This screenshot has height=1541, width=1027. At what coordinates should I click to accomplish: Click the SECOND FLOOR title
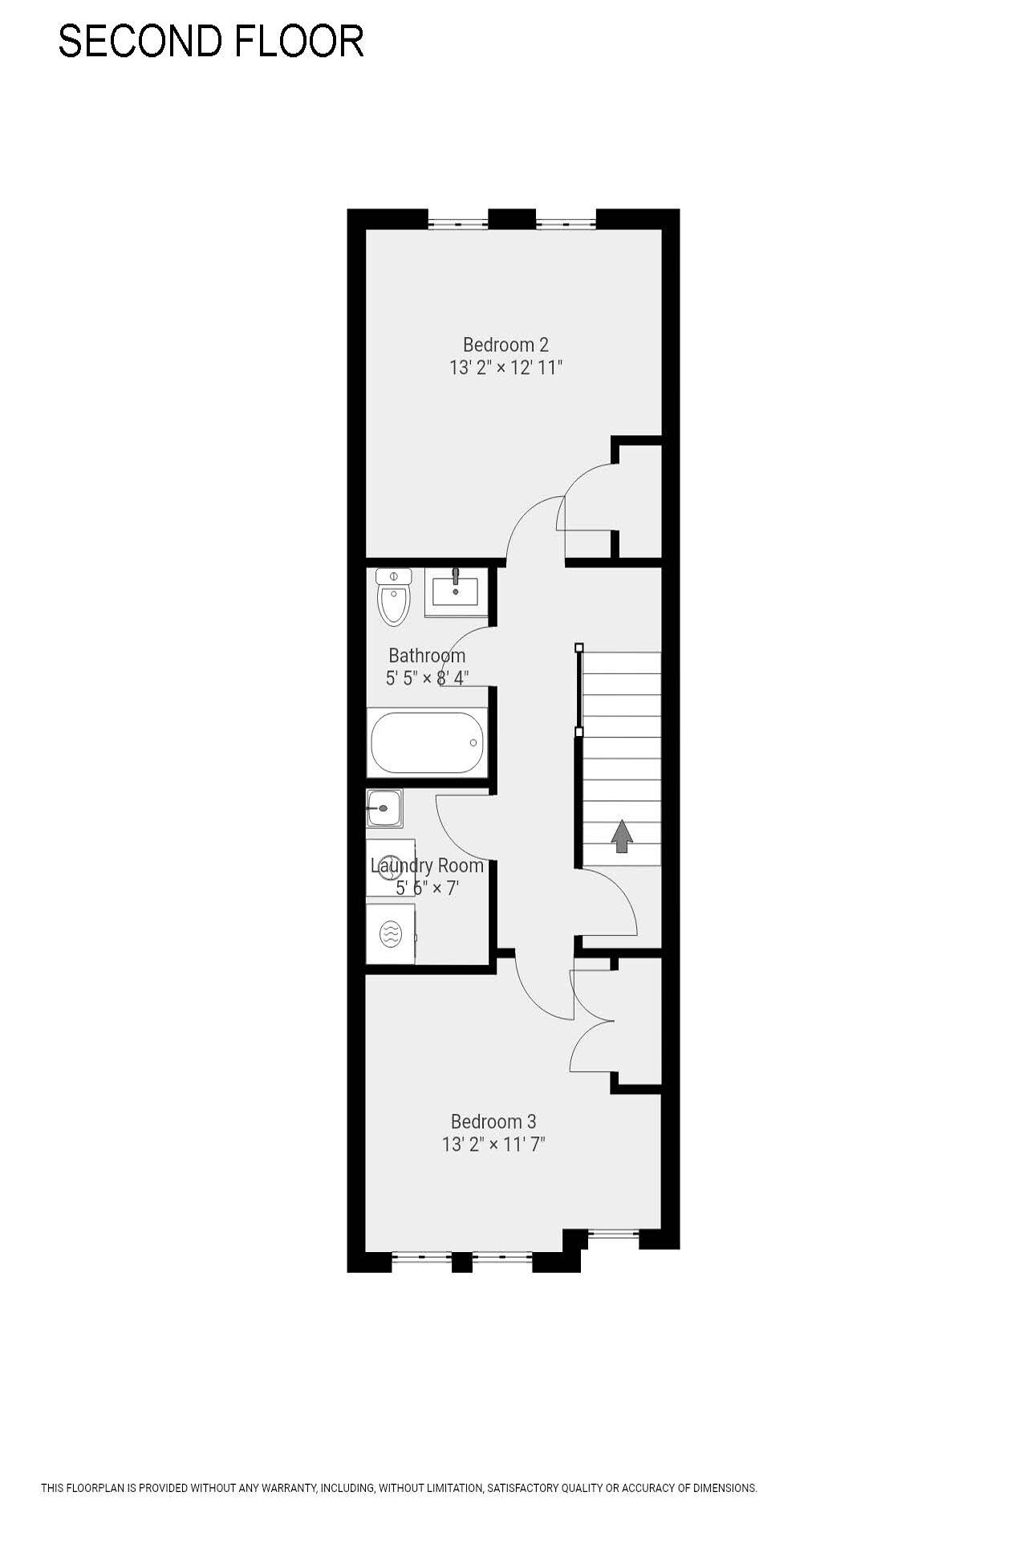(x=211, y=41)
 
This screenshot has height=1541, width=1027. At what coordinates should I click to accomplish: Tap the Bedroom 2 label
(x=505, y=345)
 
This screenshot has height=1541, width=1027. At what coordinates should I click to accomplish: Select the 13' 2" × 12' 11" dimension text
(x=505, y=368)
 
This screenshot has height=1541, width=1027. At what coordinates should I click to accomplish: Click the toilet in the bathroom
(x=393, y=596)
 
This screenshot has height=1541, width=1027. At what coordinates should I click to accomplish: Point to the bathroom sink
(x=456, y=592)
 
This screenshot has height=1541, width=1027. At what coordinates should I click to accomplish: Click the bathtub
(x=428, y=742)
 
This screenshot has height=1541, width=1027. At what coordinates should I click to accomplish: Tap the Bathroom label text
(x=427, y=656)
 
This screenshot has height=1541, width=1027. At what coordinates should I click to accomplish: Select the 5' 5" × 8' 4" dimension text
(x=427, y=678)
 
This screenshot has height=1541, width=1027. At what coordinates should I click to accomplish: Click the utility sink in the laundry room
(x=385, y=807)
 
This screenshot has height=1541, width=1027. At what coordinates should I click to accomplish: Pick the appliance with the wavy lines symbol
(x=391, y=933)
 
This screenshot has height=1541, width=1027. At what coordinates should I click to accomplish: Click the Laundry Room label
(x=427, y=866)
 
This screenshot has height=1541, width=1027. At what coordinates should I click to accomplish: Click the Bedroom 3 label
(x=493, y=1122)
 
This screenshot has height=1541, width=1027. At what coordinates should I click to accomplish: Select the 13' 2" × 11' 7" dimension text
(x=493, y=1145)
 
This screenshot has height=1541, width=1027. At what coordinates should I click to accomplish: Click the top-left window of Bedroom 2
(x=457, y=221)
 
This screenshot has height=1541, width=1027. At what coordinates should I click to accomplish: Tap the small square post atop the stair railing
(x=579, y=647)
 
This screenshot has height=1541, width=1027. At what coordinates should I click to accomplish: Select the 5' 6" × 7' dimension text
(x=427, y=888)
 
